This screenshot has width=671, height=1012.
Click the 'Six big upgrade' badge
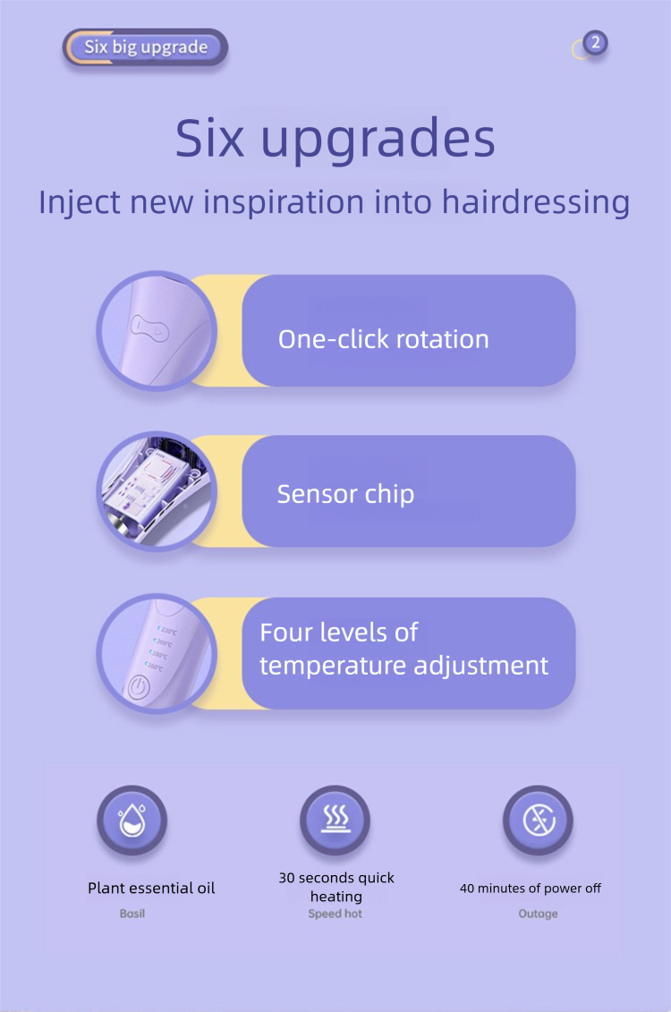[x=145, y=47]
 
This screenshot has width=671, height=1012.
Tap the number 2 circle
[x=596, y=43]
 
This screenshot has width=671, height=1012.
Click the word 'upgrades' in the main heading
[x=378, y=139]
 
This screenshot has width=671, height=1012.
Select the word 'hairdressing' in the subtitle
[x=536, y=202]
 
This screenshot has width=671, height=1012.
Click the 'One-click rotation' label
[x=383, y=339]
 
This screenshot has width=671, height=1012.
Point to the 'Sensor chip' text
[x=346, y=495]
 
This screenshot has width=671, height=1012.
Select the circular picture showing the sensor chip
[x=157, y=491]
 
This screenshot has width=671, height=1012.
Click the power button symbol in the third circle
[x=137, y=688]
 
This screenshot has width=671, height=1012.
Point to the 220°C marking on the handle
[x=167, y=630]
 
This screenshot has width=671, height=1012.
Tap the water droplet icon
[x=132, y=821]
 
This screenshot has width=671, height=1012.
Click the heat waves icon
[x=335, y=819]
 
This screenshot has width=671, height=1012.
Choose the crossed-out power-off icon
[x=538, y=821]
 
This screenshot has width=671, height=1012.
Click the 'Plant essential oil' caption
[x=151, y=889]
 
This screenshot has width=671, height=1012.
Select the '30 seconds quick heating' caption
[x=336, y=887]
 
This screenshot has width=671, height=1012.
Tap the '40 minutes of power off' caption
[x=531, y=889]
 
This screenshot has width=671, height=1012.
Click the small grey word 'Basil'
[x=132, y=914]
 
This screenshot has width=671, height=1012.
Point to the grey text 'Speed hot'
[x=335, y=914]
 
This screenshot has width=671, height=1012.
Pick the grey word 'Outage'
[x=538, y=914]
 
